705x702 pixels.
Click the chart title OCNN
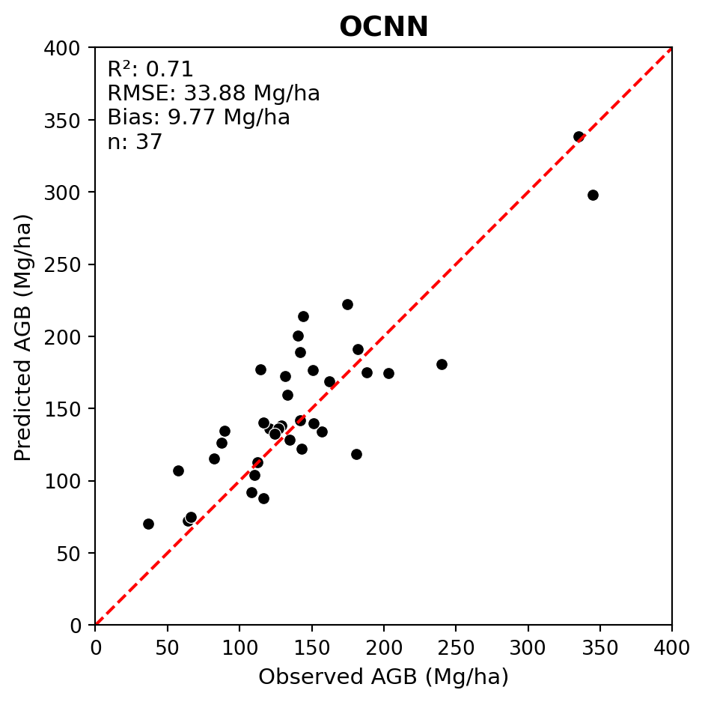[x=383, y=28]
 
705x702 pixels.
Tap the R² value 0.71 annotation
[x=150, y=70]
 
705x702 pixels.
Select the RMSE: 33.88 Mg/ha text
[x=213, y=94]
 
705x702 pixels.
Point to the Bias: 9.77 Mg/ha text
[x=198, y=118]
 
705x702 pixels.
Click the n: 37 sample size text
[x=135, y=142]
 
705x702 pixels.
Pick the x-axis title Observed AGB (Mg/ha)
[x=383, y=677]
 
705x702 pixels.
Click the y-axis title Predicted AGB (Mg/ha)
[x=23, y=337]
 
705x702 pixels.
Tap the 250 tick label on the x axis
[x=456, y=646]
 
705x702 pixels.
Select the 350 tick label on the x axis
[x=600, y=646]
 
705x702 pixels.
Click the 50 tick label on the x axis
[x=168, y=646]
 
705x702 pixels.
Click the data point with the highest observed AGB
[x=593, y=195]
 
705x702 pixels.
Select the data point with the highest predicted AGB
[x=579, y=136]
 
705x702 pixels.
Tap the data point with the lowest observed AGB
[x=148, y=524]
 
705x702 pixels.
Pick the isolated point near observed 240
[x=442, y=364]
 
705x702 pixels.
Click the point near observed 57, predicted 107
[x=178, y=470]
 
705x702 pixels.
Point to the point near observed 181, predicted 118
[x=356, y=454]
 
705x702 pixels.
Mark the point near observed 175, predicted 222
[x=347, y=304]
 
